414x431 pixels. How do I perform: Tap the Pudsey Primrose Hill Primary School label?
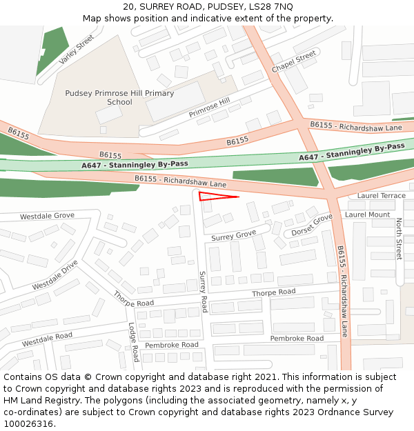tap(119, 97)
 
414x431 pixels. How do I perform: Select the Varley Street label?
tap(76, 50)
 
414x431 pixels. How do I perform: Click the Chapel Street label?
tap(294, 62)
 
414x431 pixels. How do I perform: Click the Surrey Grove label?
tap(233, 236)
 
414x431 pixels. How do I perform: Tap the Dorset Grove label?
tap(312, 225)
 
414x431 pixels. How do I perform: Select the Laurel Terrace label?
tap(382, 196)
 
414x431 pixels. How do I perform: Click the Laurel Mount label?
tap(367, 214)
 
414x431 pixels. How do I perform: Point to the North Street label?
tap(399, 239)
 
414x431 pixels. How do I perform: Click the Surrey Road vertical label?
tap(203, 291)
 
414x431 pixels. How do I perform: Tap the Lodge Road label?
tap(132, 342)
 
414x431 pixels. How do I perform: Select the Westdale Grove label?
tap(47, 216)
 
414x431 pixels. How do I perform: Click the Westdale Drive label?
tap(55, 274)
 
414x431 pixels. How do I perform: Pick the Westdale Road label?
tap(47, 340)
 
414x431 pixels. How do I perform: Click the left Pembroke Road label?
tap(171, 344)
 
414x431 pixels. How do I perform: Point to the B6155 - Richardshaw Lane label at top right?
tap(355, 127)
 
